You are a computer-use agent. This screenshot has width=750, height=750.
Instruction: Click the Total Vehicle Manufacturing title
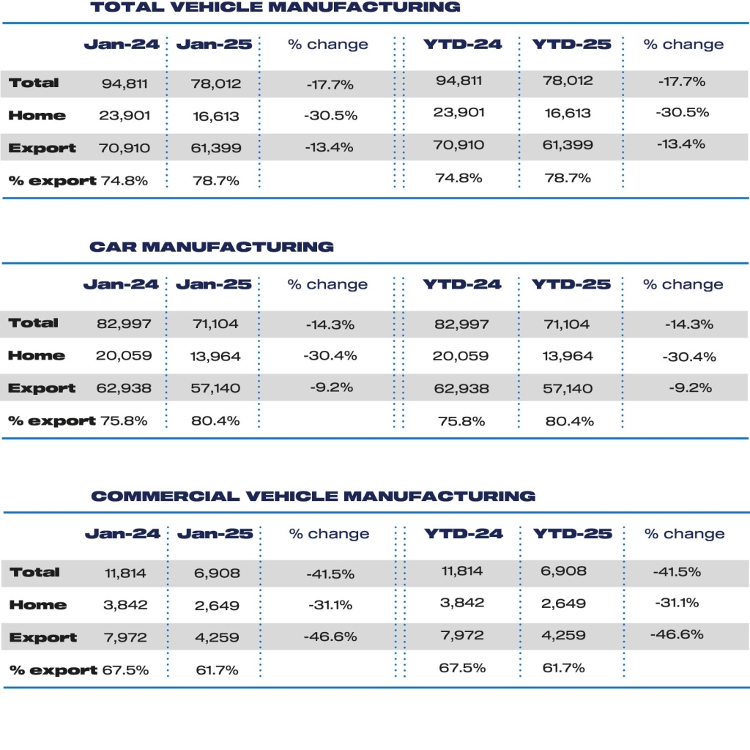pyautogui.click(x=275, y=8)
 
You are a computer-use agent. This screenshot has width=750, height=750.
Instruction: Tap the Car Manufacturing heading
pyautogui.click(x=211, y=247)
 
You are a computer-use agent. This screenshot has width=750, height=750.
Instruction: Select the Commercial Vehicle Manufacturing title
pyautogui.click(x=313, y=496)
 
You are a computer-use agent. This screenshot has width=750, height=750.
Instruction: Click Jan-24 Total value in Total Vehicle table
pyautogui.click(x=125, y=83)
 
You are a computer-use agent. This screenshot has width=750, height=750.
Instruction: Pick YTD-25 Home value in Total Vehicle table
pyautogui.click(x=566, y=114)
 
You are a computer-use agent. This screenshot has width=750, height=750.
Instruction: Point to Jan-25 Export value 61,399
pyautogui.click(x=215, y=148)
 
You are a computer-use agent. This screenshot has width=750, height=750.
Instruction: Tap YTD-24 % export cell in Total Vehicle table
pyautogui.click(x=458, y=178)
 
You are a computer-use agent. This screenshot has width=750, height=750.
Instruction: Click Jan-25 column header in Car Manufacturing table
pyautogui.click(x=215, y=284)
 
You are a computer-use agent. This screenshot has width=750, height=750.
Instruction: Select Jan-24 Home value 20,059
pyautogui.click(x=124, y=356)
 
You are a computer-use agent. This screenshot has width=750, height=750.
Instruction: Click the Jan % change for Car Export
pyautogui.click(x=330, y=388)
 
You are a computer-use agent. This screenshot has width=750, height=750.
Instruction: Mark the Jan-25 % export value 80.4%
pyautogui.click(x=215, y=421)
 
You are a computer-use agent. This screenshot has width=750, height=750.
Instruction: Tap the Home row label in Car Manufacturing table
pyautogui.click(x=37, y=356)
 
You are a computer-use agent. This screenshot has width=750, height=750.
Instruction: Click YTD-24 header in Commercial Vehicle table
pyautogui.click(x=464, y=534)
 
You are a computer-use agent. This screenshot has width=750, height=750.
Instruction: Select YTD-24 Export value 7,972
pyautogui.click(x=463, y=636)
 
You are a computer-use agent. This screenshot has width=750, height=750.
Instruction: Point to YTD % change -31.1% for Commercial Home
pyautogui.click(x=677, y=604)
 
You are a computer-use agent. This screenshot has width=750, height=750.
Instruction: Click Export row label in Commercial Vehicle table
pyautogui.click(x=42, y=638)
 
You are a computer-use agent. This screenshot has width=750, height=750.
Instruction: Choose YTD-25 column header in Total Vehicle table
pyautogui.click(x=571, y=45)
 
